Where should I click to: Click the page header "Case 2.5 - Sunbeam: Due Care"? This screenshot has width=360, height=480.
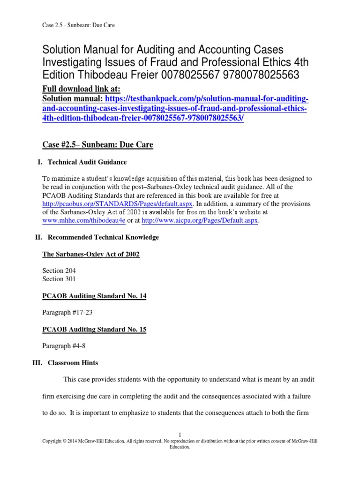(79, 25)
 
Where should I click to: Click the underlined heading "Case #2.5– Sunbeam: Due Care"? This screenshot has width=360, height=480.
(98, 145)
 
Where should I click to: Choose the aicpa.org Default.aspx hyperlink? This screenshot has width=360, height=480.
(200, 221)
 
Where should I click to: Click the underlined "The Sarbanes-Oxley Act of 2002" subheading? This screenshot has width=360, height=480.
(91, 254)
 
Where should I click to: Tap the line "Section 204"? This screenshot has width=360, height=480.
(59, 270)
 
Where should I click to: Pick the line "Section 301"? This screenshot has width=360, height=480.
(59, 279)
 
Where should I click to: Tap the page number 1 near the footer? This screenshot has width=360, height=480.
(180, 435)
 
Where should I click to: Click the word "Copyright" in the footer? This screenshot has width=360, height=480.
(54, 442)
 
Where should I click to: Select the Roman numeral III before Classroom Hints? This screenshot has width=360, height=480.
(40, 363)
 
